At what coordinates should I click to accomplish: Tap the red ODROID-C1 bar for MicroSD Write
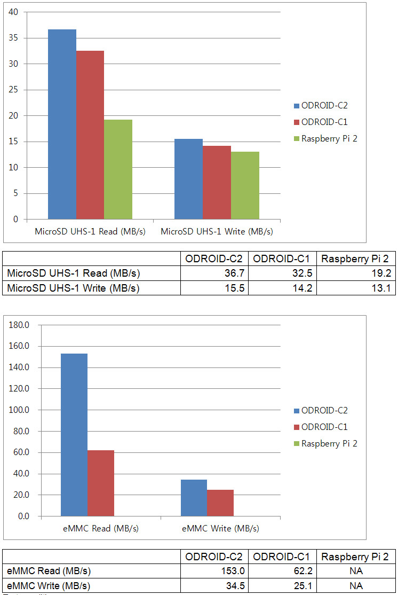coord(217,182)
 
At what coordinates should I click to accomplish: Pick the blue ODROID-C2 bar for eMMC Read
coord(74,435)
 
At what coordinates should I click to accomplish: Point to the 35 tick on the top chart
coord(14,38)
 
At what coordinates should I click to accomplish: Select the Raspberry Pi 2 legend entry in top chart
coord(325,139)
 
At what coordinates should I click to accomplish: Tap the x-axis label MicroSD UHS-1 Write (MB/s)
coord(217,232)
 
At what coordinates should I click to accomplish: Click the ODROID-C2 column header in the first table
coord(214,259)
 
